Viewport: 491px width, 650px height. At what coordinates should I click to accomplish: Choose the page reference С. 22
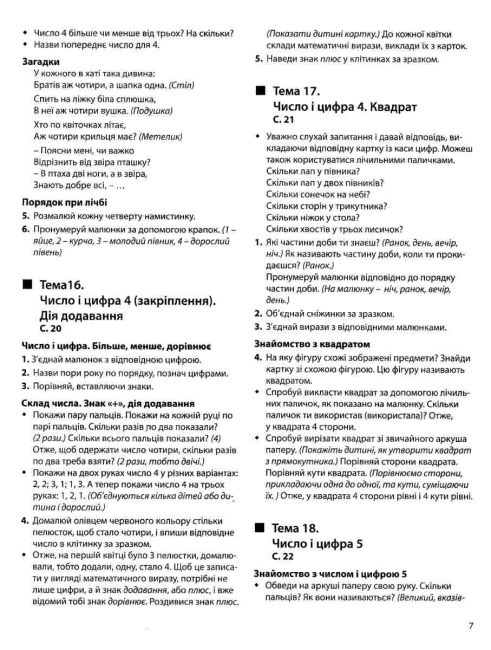click(284, 582)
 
